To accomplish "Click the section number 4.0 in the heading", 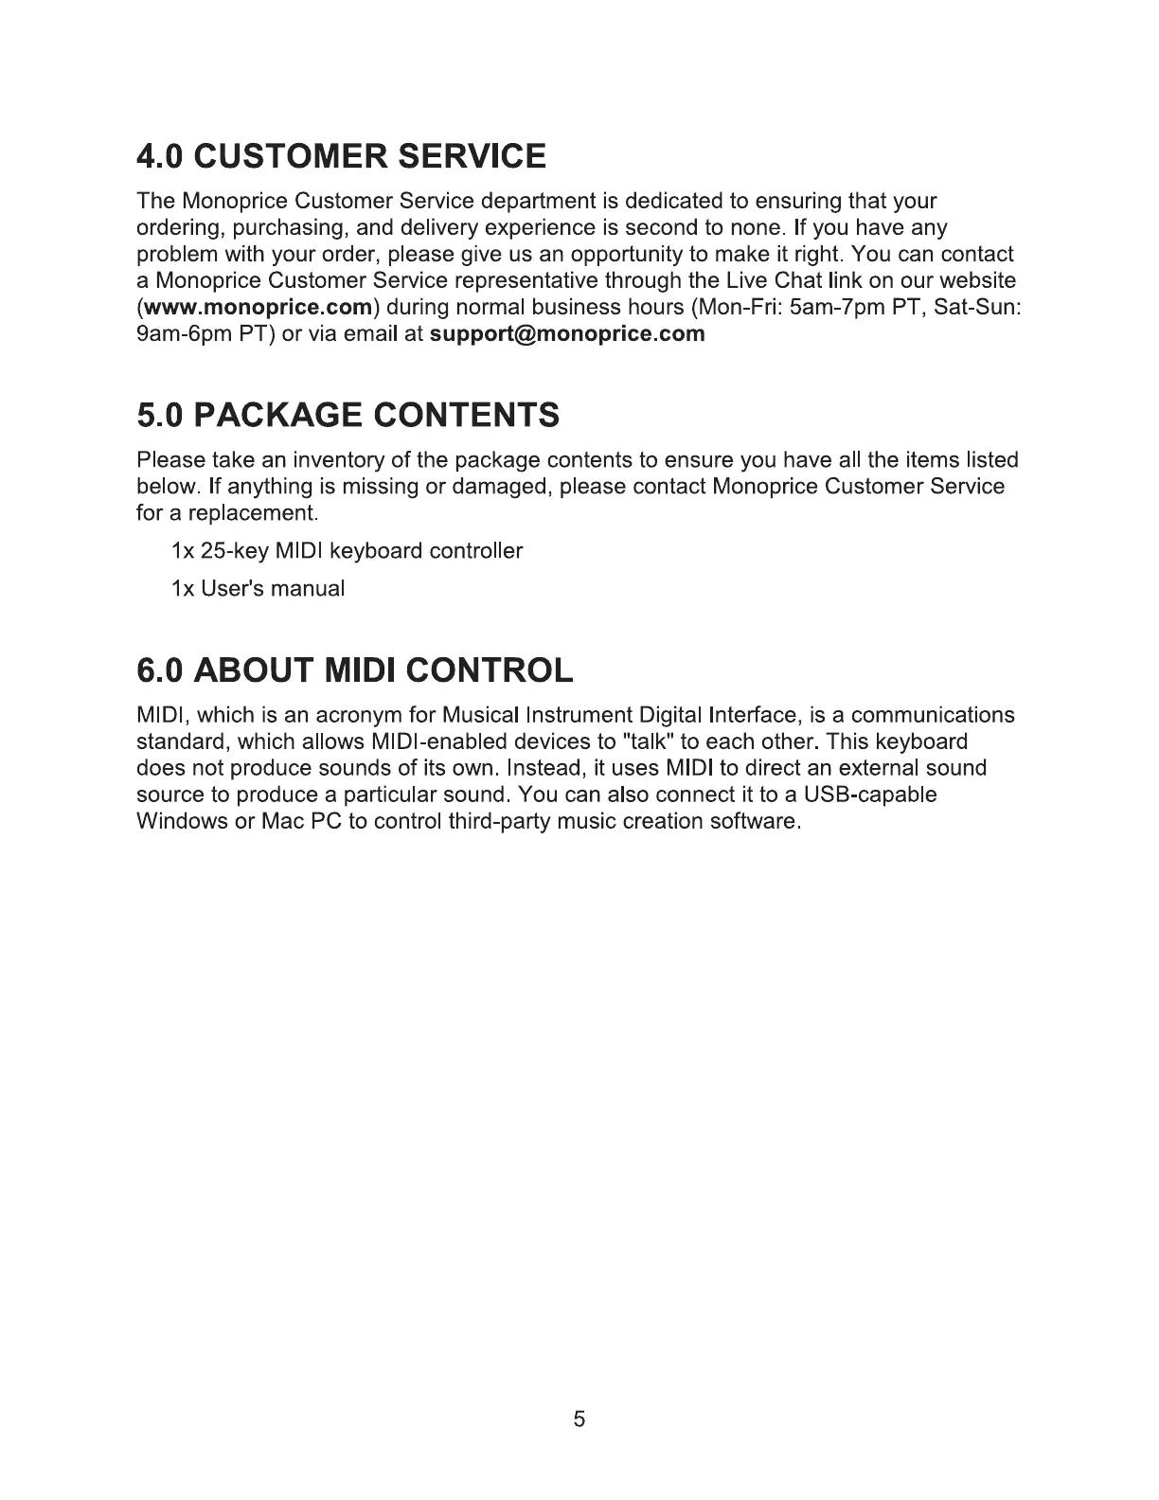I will pyautogui.click(x=164, y=155).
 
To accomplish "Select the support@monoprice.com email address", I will pyautogui.click(x=567, y=333).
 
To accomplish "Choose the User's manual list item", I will pyautogui.click(x=258, y=589).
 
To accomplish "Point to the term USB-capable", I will pyautogui.click(x=870, y=794).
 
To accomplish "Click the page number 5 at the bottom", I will pyautogui.click(x=579, y=1419).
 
